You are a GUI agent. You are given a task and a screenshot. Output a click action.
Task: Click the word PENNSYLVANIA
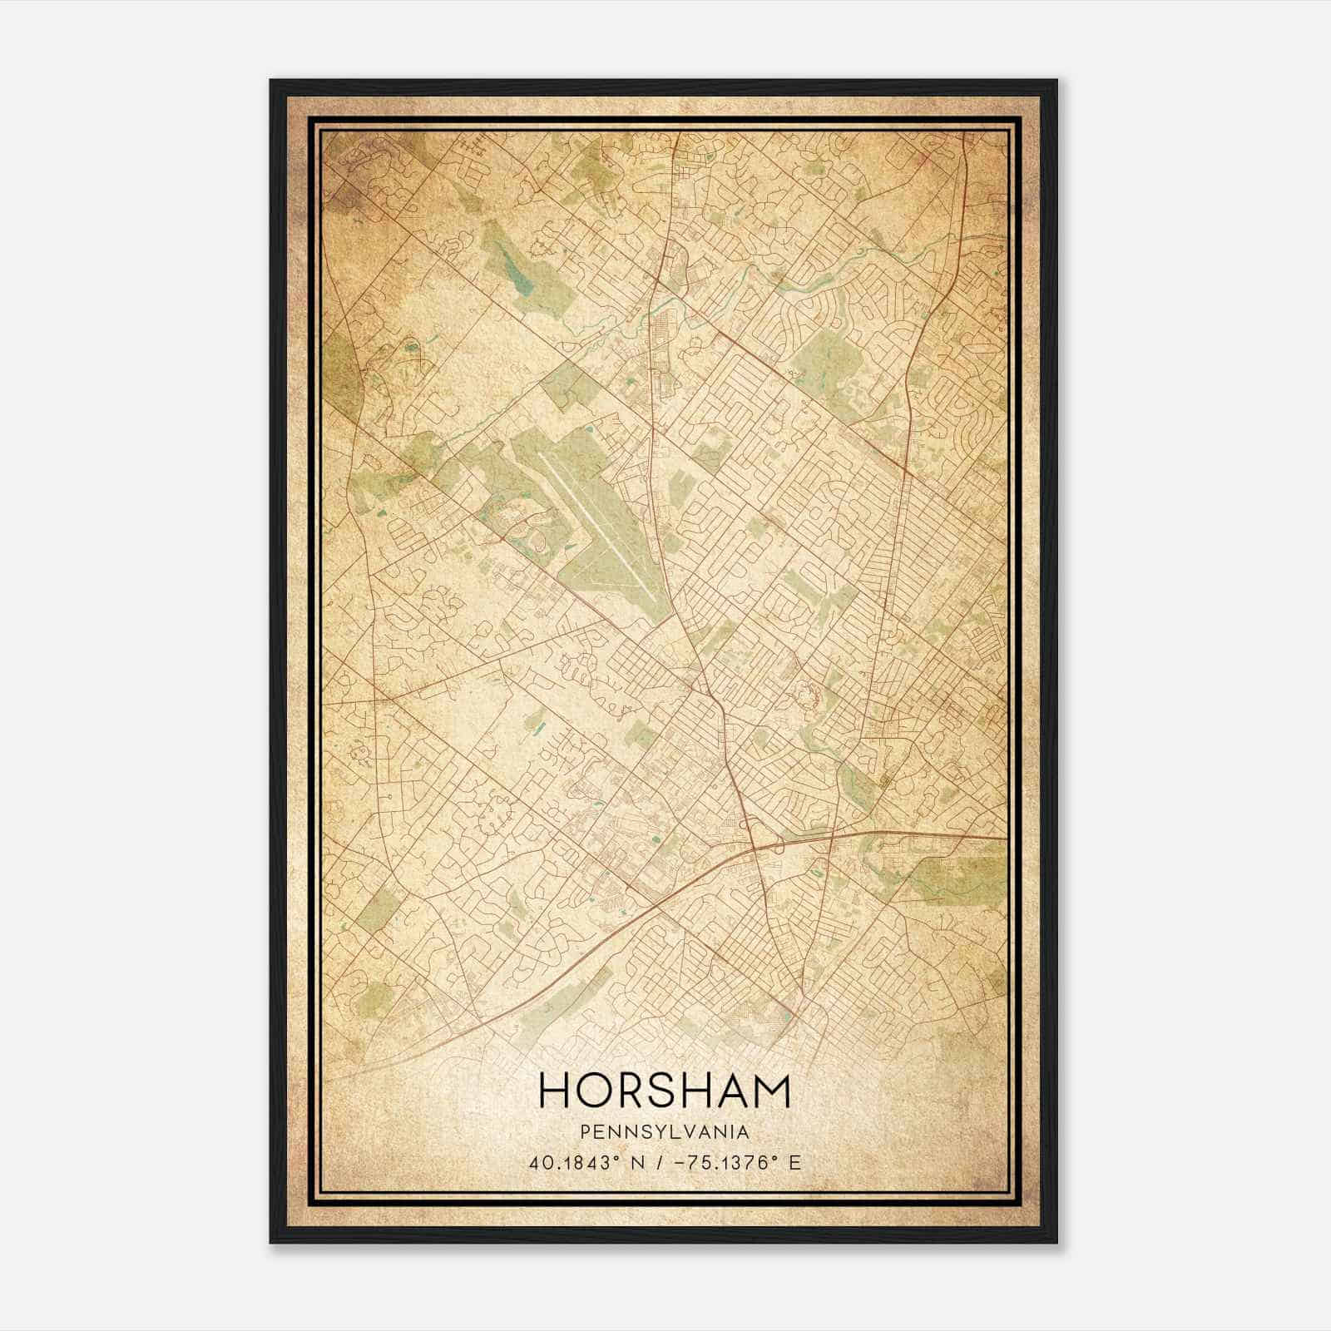tap(665, 1132)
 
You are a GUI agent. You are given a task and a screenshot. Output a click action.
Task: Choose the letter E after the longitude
tap(795, 1162)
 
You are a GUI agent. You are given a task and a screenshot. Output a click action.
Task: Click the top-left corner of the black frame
tap(272, 82)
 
